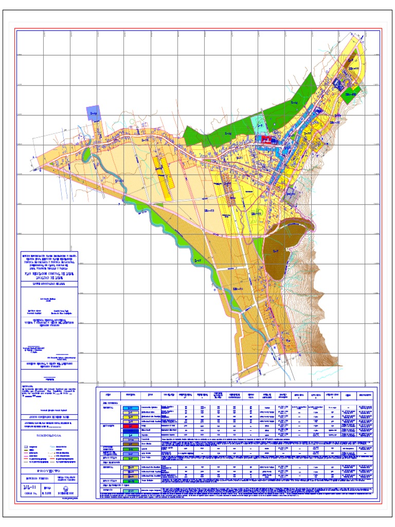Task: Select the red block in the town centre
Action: [265, 139]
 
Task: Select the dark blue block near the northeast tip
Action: [340, 83]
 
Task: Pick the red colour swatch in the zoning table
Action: [131, 426]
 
